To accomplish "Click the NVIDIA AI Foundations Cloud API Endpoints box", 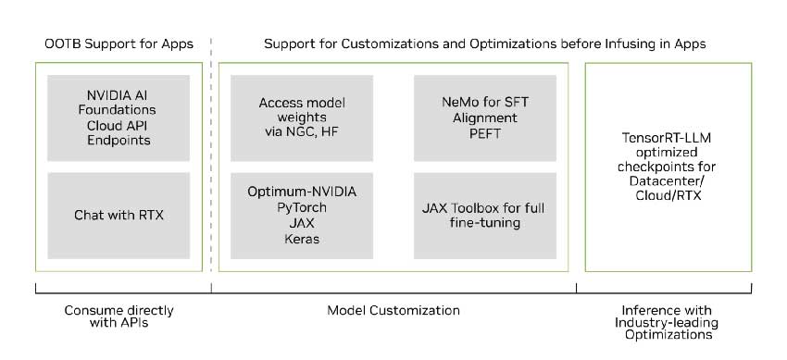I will pyautogui.click(x=118, y=118).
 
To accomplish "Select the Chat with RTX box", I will pyautogui.click(x=118, y=216).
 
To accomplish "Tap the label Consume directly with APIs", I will pyautogui.click(x=118, y=317).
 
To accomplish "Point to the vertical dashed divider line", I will pyautogui.click(x=211, y=157).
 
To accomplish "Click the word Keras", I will pyautogui.click(x=302, y=239).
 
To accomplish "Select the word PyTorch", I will pyautogui.click(x=302, y=207).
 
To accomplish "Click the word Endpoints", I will pyautogui.click(x=118, y=141).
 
